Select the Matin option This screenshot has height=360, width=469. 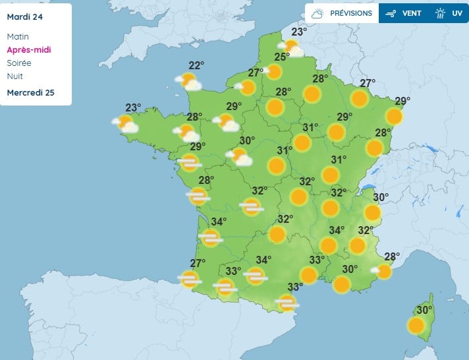18,37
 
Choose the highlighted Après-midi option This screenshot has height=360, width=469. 28,49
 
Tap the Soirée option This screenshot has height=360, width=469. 18,63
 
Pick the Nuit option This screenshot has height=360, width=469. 14,76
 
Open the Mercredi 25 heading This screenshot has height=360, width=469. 30,92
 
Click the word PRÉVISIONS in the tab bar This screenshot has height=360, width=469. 351,13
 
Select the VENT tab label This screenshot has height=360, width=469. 412,13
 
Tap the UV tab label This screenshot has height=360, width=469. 457,13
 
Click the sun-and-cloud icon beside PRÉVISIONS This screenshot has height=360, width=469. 318,13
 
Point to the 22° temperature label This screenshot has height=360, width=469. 196,65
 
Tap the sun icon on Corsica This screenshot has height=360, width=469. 416,325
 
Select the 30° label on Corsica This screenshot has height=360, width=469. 424,310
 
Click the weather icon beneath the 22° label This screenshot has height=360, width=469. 189,82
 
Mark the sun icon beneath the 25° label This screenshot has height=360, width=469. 274,72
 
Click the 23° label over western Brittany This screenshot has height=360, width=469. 134,108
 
